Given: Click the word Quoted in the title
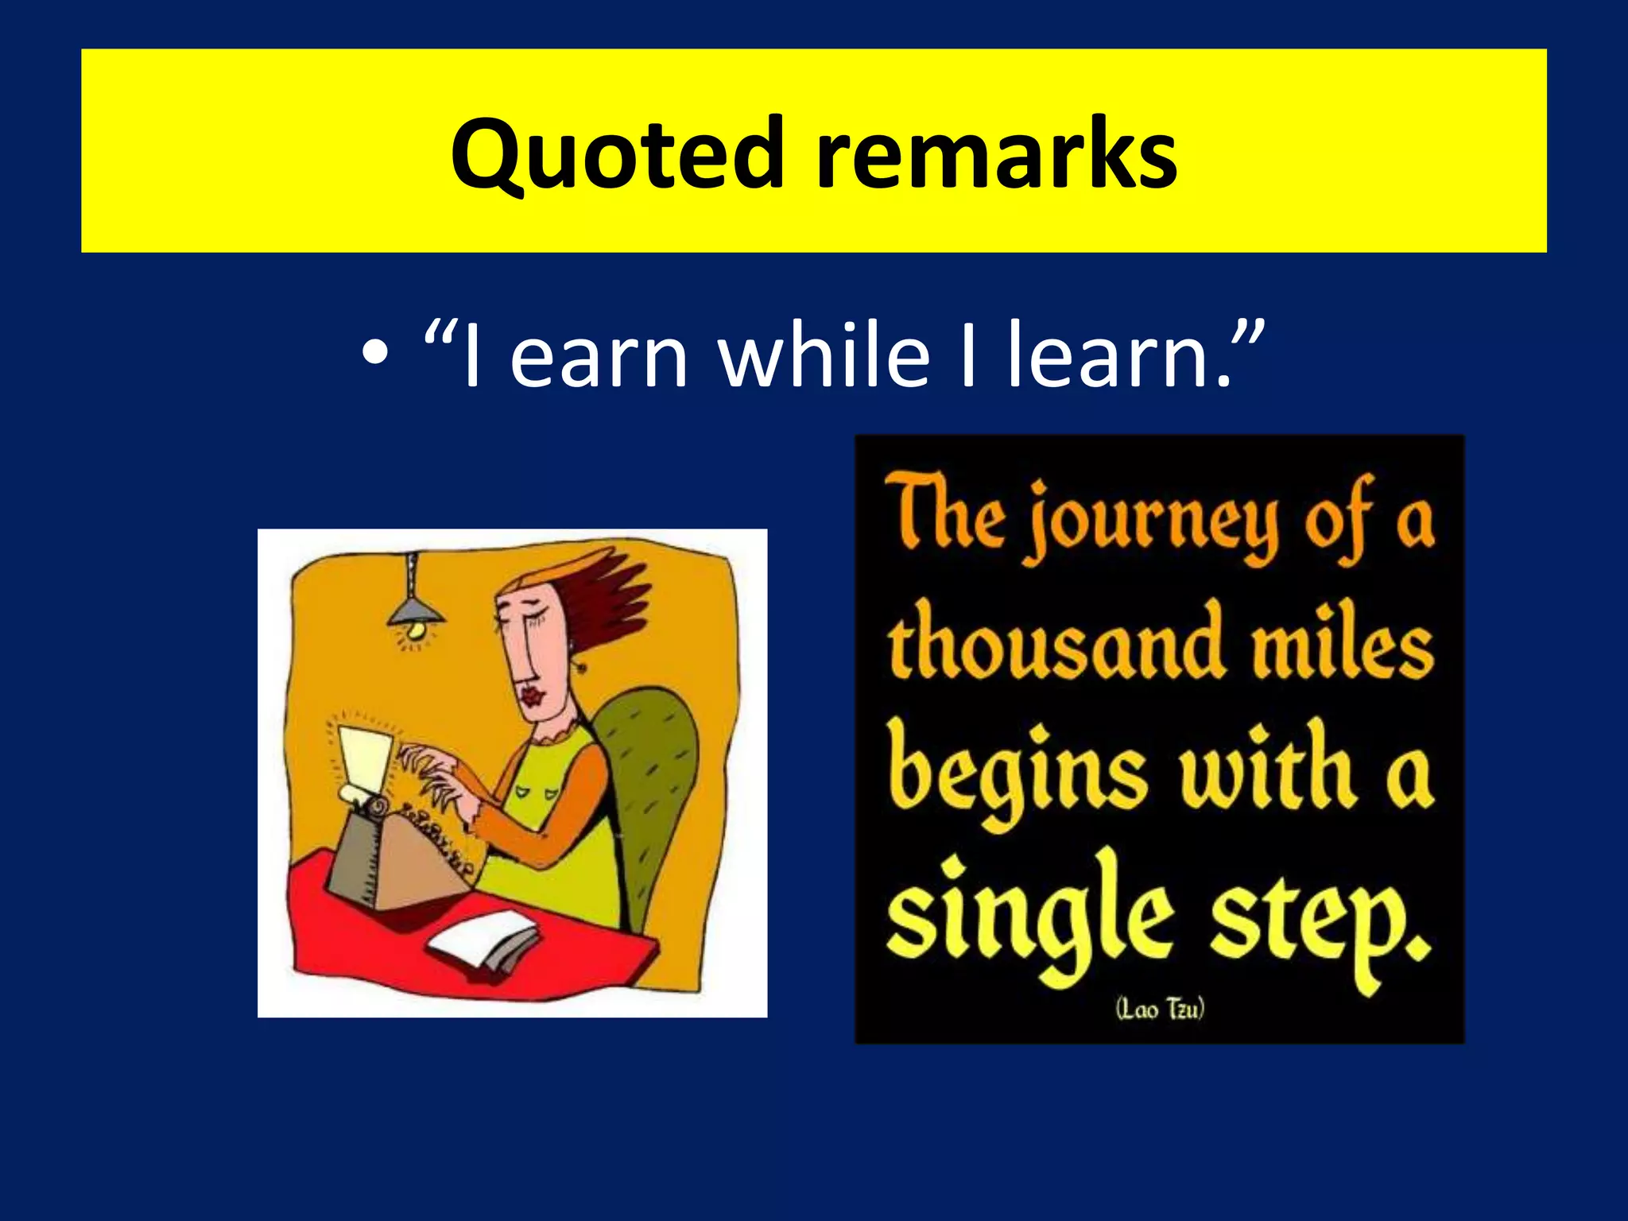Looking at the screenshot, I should (x=617, y=155).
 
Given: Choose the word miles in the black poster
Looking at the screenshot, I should (x=1343, y=648).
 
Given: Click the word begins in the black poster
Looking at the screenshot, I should (x=1017, y=775).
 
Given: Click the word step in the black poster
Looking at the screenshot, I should (x=1320, y=926).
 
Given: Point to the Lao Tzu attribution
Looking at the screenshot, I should (x=1160, y=1010).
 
